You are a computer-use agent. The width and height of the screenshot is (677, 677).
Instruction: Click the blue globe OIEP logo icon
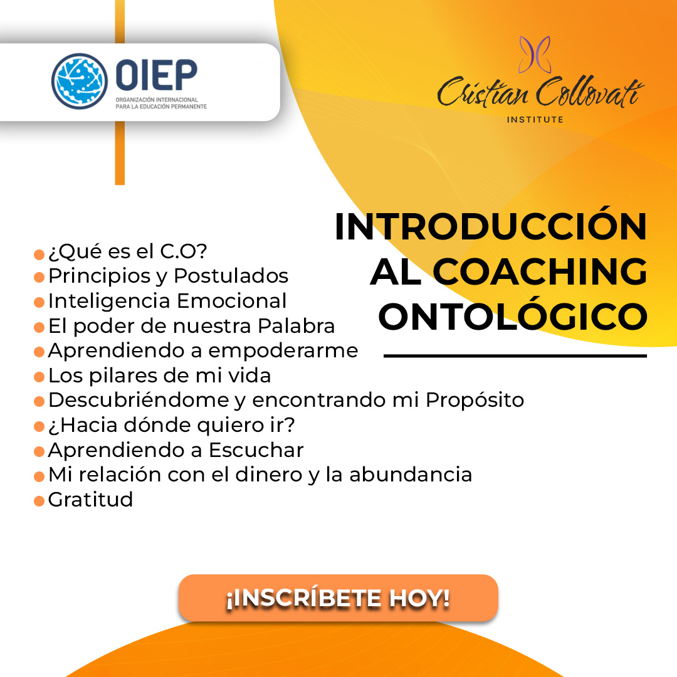[80, 81]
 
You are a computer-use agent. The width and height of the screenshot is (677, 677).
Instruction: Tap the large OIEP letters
[156, 75]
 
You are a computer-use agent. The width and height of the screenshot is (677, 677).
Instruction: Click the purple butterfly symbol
[535, 55]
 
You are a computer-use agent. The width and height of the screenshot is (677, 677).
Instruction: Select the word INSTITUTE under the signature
[535, 120]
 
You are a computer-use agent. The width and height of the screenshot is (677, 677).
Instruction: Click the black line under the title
[515, 356]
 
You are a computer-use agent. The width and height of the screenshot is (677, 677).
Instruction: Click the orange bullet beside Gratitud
[39, 501]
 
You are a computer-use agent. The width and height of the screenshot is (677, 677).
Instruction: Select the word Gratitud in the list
[91, 500]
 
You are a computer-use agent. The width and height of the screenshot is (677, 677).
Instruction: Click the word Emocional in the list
[232, 301]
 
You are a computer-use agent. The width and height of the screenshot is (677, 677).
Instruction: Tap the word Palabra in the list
[296, 326]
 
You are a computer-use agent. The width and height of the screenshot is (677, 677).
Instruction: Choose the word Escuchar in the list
[256, 450]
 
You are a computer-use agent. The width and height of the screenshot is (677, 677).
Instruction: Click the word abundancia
[411, 475]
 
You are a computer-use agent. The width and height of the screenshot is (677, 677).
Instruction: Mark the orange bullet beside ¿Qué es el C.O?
[39, 255]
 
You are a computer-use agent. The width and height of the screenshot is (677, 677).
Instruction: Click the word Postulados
[231, 276]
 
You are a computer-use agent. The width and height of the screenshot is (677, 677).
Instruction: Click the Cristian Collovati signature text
[540, 92]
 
